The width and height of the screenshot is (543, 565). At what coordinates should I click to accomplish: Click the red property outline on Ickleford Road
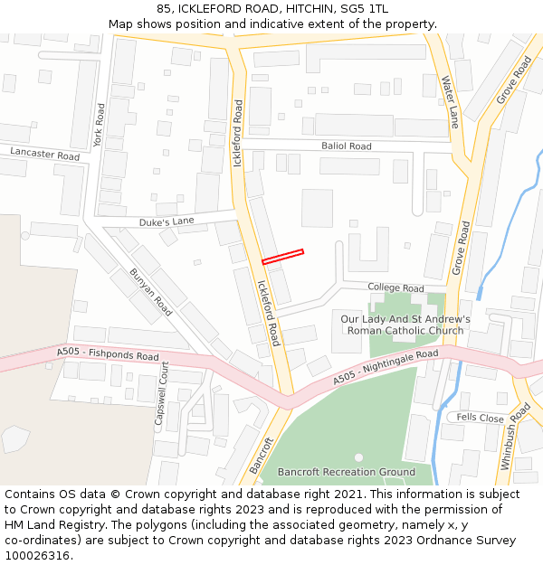(282, 257)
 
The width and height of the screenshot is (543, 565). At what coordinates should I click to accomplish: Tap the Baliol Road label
(346, 146)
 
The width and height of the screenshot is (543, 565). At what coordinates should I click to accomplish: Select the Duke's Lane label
(167, 221)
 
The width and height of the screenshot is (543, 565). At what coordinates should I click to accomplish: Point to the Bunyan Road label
(150, 292)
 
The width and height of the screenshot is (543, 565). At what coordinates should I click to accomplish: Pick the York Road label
(100, 125)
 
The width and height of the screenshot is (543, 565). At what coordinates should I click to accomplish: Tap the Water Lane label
(450, 101)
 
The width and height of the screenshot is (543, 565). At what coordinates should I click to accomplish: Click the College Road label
(395, 287)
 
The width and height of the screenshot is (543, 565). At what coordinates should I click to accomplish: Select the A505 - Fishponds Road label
(107, 354)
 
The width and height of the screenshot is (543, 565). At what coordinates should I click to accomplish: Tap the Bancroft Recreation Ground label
(347, 472)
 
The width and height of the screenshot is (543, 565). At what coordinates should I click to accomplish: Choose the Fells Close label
(480, 418)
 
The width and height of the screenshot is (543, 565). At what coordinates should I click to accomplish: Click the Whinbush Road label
(515, 437)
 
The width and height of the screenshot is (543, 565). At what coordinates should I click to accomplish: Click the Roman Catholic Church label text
(405, 331)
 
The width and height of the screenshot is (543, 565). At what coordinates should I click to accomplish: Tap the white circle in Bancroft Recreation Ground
(358, 457)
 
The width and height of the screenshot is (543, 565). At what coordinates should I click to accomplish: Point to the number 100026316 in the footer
(36, 555)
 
